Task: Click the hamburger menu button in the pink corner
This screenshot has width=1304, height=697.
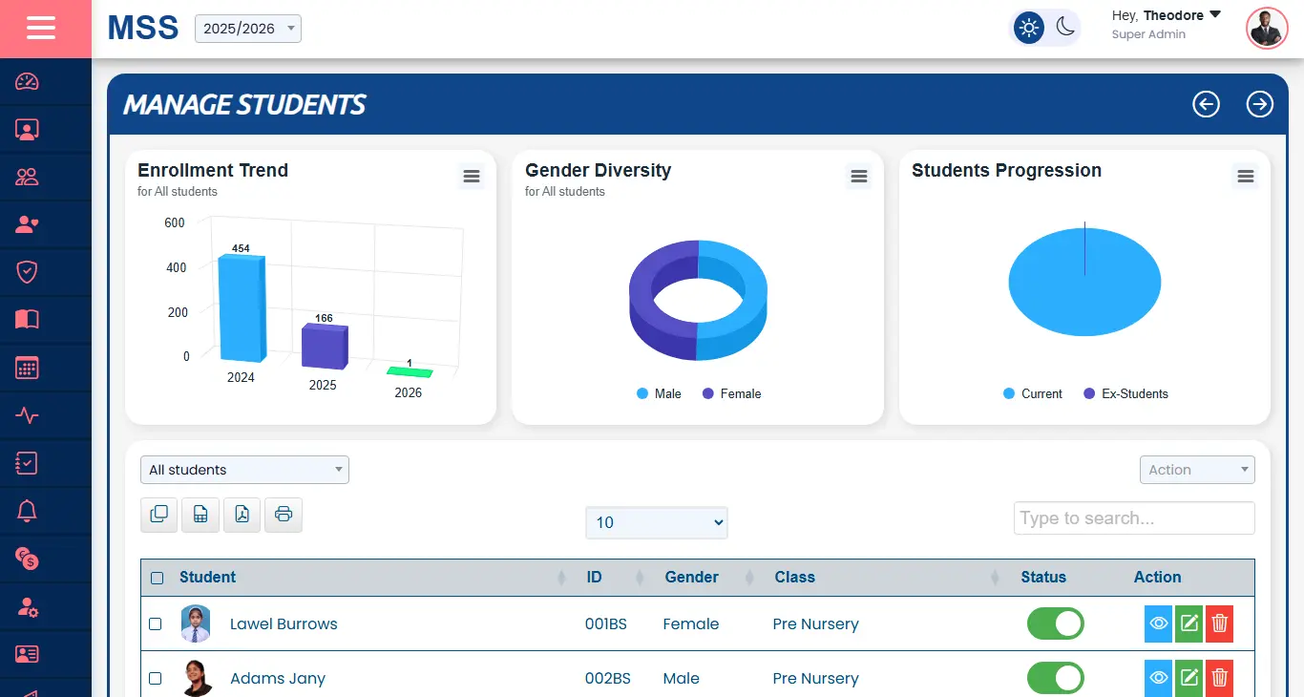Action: tap(41, 29)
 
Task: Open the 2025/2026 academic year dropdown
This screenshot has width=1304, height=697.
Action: tap(248, 29)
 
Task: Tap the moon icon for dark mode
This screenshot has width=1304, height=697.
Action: tap(1065, 28)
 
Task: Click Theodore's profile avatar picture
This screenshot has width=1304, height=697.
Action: tap(1267, 29)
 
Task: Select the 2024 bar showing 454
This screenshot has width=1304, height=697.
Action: tap(241, 307)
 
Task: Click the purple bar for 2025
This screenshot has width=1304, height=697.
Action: tap(325, 346)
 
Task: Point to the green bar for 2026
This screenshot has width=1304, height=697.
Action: tap(410, 371)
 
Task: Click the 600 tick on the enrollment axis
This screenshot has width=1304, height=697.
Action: tap(175, 222)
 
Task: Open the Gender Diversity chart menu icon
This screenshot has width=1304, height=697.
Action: tap(859, 176)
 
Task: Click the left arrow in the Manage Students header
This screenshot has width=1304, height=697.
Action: tap(1207, 104)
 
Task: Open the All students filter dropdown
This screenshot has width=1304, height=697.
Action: tap(244, 470)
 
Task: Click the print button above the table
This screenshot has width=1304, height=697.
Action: tap(284, 515)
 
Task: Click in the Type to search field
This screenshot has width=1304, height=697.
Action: tap(1133, 518)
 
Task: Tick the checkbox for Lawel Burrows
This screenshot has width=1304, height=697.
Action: tap(156, 624)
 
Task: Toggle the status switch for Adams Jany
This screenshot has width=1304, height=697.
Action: tap(1055, 678)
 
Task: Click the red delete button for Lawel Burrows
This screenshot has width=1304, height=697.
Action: tap(1219, 624)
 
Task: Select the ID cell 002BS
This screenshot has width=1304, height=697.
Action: tap(607, 679)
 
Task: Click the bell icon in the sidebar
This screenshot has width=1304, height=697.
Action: tap(27, 511)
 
